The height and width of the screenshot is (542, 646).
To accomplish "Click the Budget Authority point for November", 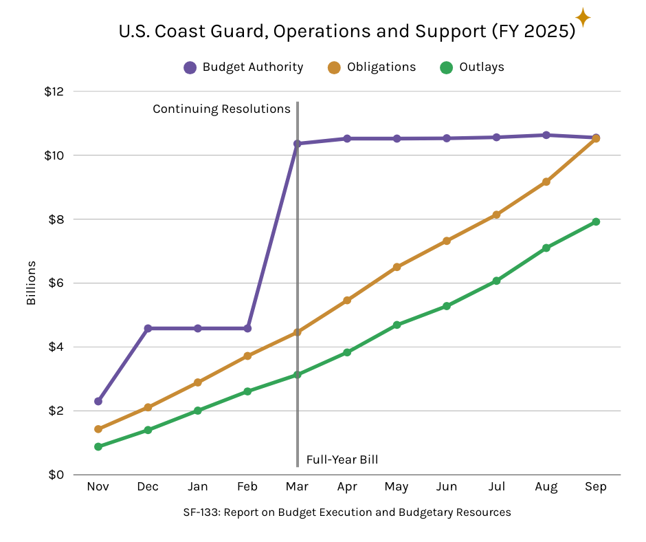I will point(98,401).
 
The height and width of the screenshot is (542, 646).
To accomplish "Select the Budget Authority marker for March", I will point(297,144).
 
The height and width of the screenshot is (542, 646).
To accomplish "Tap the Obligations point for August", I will point(546,182).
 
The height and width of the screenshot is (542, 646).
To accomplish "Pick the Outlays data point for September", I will point(596,221).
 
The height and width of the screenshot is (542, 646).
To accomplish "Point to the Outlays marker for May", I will point(397,325).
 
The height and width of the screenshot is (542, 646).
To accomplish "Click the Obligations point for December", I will point(148,407).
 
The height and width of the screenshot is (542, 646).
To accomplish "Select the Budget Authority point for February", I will point(247,328).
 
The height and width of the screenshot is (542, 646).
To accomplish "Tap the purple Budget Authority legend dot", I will point(190,67).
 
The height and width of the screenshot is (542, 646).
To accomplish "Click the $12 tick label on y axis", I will point(54,91).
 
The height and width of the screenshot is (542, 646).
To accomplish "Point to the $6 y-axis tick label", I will point(54,283).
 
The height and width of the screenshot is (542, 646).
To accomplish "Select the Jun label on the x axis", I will point(446,487).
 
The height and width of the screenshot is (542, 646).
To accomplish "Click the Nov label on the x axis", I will point(98,487).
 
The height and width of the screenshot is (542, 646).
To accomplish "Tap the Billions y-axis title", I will point(31,283).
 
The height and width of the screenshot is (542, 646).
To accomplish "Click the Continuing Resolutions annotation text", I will point(221,109).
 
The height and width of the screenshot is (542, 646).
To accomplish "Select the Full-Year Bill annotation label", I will point(342,460).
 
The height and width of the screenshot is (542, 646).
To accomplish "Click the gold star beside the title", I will point(583,18).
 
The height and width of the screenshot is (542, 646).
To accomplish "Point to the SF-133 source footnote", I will point(347,512).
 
